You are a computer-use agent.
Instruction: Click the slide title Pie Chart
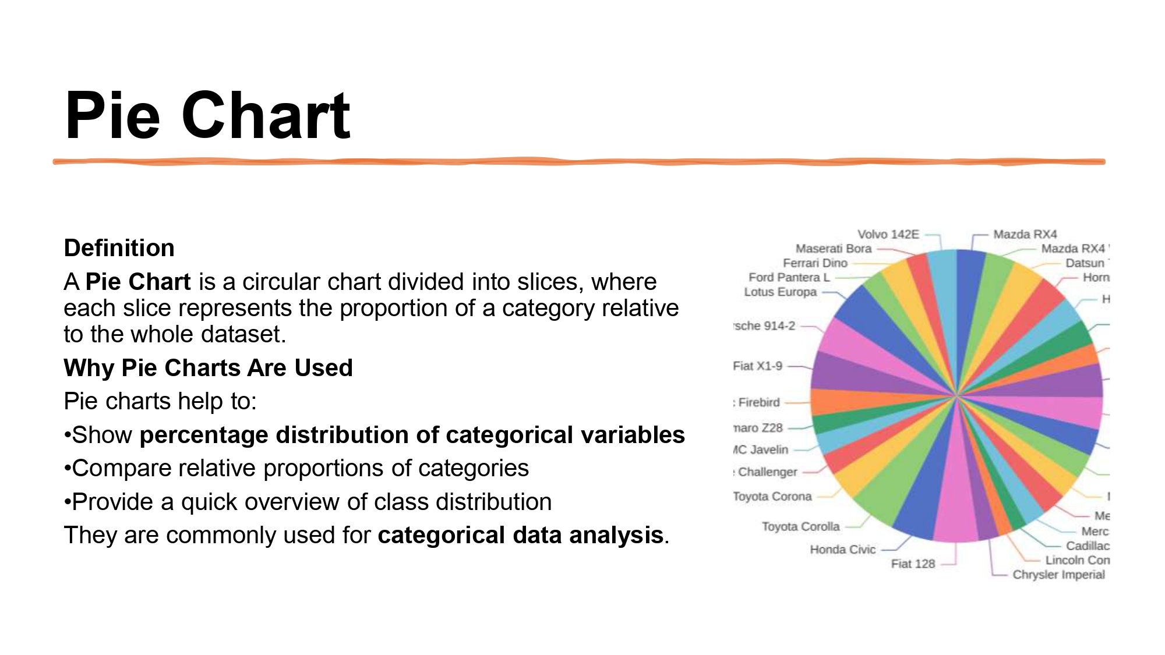pos(207,116)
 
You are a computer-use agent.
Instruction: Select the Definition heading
pos(119,248)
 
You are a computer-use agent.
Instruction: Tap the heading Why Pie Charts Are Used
pos(208,368)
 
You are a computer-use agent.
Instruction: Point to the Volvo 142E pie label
pos(888,235)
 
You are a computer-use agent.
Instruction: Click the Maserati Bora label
pos(833,249)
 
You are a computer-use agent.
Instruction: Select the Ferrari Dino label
pos(814,263)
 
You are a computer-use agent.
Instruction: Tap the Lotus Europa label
pos(780,292)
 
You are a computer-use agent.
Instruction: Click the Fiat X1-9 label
pos(757,366)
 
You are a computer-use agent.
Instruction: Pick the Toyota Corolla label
pos(800,526)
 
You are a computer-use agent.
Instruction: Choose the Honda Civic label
pos(842,550)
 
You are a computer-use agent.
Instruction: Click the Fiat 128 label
pos(912,564)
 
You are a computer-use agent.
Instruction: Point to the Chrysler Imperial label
pos(1058,575)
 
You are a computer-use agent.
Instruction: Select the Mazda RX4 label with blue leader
pos(1025,235)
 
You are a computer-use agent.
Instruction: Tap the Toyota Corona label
pos(772,497)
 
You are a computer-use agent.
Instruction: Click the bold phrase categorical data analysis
pos(520,535)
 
